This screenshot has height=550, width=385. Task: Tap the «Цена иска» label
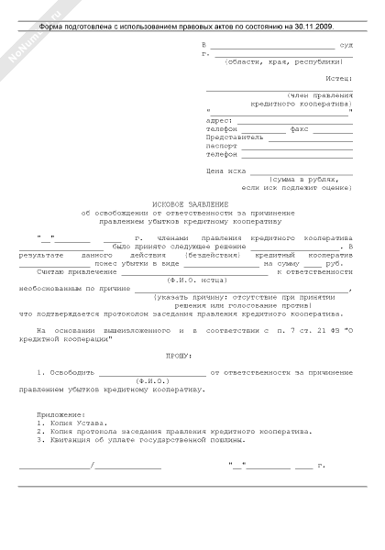click(x=225, y=170)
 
